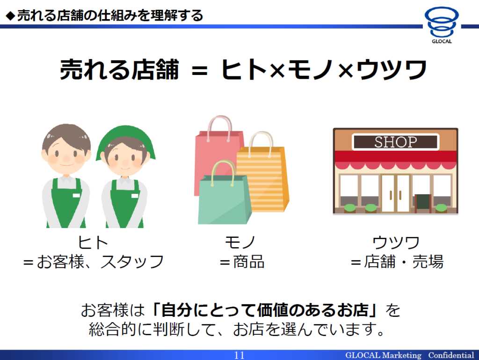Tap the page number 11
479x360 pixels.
point(239,355)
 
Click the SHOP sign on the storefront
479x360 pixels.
point(396,142)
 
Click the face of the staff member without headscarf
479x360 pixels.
point(66,154)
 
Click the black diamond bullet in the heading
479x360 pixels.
point(10,16)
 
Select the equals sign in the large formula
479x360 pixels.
point(199,71)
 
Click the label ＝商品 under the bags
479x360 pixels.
point(242,262)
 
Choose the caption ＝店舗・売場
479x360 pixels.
point(397,262)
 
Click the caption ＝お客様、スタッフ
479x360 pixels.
point(94,262)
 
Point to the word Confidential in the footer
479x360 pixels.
point(451,355)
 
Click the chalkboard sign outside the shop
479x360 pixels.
point(423,203)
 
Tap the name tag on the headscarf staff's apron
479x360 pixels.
point(134,196)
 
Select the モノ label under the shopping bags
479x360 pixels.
point(240,242)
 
